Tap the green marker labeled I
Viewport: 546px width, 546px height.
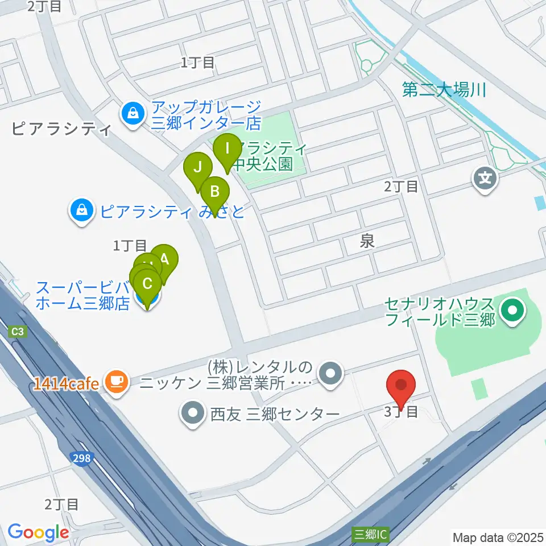(x=227, y=150)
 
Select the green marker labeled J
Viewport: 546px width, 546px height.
(x=198, y=168)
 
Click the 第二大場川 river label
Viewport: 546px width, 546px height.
(x=444, y=90)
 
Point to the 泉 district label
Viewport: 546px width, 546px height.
(x=367, y=242)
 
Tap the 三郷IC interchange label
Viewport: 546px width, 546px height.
(x=371, y=535)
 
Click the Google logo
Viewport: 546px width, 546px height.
(x=38, y=532)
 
